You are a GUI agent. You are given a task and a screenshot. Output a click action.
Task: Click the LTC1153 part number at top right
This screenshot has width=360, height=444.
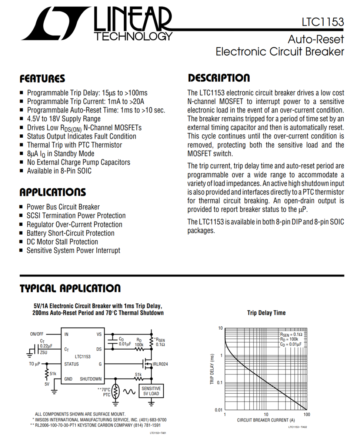pos(323,22)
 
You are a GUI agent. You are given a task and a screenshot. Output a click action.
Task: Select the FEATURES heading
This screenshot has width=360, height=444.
pos(42,79)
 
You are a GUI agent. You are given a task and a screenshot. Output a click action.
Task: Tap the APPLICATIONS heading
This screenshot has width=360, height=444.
pos(53,192)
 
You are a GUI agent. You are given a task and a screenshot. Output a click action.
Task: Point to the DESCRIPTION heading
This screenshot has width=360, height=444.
pos(219,78)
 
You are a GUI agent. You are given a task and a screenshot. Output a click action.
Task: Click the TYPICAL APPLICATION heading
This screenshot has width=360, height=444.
pos(70,289)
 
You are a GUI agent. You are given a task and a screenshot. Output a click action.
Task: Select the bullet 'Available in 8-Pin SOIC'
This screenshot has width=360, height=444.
pos(59,171)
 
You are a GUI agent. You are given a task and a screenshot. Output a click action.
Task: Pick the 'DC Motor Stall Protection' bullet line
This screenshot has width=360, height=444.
pos(62,242)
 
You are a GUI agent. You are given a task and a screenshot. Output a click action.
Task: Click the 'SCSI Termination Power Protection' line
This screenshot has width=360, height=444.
pos(76,216)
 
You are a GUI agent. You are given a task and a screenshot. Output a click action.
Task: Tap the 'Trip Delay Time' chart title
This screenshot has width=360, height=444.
pos(266,313)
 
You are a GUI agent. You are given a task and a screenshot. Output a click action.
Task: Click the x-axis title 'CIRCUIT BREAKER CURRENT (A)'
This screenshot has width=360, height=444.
pos(266,420)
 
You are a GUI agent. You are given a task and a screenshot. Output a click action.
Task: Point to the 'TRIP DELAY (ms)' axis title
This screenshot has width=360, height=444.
pos(213,369)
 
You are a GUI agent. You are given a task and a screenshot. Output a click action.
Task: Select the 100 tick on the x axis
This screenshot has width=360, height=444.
pos(306,414)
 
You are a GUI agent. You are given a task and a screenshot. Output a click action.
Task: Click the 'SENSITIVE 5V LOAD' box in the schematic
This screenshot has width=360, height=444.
pos(151,391)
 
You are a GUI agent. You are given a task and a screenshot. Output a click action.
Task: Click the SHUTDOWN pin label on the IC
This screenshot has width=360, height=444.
pos(91,379)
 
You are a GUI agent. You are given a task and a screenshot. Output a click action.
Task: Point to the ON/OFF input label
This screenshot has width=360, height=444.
pos(37,334)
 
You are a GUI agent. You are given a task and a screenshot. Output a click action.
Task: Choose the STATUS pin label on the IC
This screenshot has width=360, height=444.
pos(71,364)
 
